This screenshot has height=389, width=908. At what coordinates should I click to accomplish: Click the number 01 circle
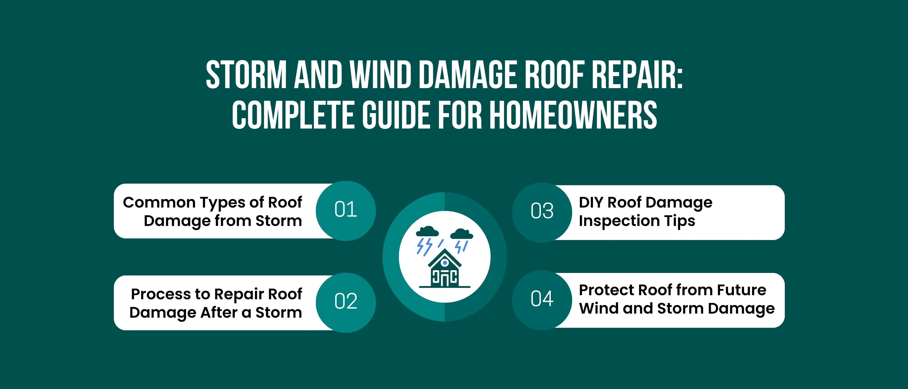346,211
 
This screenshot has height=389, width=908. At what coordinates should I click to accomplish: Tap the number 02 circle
346,303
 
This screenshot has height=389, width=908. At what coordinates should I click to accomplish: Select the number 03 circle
542,212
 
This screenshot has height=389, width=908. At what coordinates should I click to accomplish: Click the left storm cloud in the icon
427,231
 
